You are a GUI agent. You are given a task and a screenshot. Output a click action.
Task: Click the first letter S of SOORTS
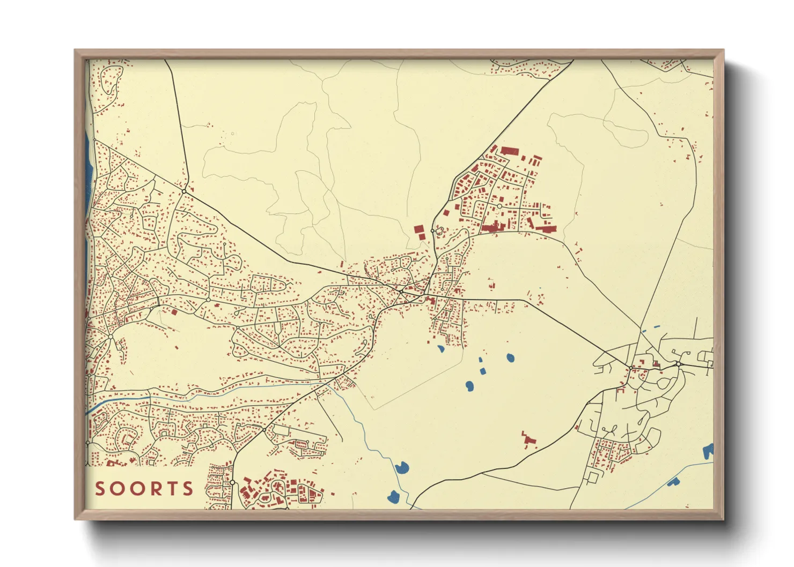[100, 489]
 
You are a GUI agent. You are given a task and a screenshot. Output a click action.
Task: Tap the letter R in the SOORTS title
[153, 489]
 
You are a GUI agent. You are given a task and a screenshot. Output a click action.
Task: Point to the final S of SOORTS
[188, 489]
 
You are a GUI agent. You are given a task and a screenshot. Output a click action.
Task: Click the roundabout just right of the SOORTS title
[232, 483]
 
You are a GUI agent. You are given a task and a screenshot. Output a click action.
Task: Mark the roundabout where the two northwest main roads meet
[184, 191]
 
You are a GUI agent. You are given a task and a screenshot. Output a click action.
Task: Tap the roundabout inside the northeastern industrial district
[499, 206]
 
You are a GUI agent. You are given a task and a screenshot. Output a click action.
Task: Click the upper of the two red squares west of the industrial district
[418, 229]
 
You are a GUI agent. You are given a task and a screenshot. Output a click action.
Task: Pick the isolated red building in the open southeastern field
[529, 439]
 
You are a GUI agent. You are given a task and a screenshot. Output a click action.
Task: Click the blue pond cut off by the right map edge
[709, 451]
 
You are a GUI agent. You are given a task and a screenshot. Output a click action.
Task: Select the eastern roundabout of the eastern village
[678, 364]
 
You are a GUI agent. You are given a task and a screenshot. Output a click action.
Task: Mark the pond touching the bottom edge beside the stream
[394, 497]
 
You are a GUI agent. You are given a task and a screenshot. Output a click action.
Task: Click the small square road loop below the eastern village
[593, 476]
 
